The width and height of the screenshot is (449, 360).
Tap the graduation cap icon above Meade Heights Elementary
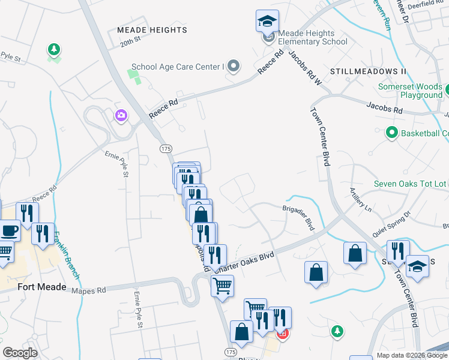267,22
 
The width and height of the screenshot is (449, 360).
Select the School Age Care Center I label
177,67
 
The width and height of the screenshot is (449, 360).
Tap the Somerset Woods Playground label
410,91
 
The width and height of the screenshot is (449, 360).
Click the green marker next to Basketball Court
392,133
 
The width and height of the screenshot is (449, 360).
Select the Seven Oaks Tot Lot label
410,184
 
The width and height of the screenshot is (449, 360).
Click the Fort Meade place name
42,287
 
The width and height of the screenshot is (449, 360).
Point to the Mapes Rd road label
88,290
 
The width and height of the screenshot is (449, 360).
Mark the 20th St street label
130,42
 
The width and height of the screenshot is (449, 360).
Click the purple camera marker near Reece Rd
121,115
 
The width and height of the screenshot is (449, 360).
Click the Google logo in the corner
20,353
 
